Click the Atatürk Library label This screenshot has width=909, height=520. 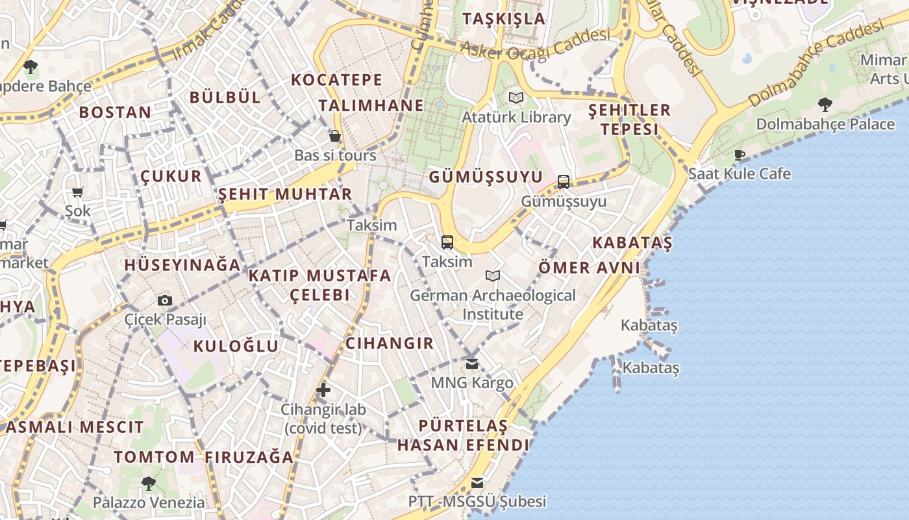pos(516,118)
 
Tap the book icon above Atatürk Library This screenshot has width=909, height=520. pos(516,98)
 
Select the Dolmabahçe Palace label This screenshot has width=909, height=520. pos(825,124)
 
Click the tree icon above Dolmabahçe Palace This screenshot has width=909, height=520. pos(825,104)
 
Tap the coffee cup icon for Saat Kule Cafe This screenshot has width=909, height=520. pos(739,155)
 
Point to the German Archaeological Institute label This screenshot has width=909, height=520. pos(492,304)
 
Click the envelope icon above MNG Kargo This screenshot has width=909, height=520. pos(472,363)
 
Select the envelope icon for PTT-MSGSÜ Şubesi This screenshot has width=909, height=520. pos(477,483)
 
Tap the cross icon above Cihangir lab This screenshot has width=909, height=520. pos(323,390)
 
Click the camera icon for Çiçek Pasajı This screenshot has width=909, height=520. pos(165,300)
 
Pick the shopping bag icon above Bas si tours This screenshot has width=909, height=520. pos(335,136)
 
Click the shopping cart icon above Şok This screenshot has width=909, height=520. pos(78,192)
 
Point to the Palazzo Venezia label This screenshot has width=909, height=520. pos(148,502)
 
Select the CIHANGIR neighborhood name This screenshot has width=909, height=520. pos(389,343)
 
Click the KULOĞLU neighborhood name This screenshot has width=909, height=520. pos(236,346)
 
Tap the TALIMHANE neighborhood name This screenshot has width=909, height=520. pos(371,105)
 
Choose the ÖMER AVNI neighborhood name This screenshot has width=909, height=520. pos(590,267)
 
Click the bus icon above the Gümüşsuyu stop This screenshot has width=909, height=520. pos(564,182)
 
